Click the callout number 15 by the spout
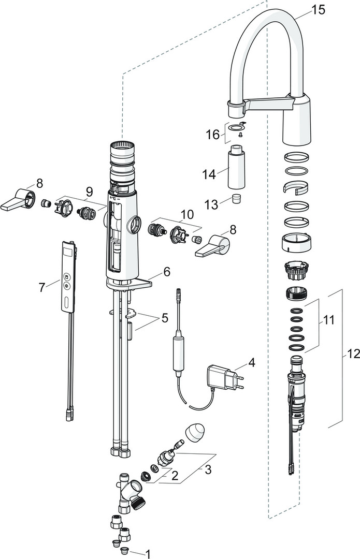[x=318, y=10]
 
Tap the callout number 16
[x=213, y=135]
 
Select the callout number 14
[x=209, y=174]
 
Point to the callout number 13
[x=211, y=204]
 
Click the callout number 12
[x=353, y=354]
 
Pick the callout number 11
[x=328, y=320]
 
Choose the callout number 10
[x=187, y=215]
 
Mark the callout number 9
[x=89, y=192]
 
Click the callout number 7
[x=42, y=287]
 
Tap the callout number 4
[x=252, y=362]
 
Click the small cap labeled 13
[x=236, y=198]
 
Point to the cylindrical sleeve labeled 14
[x=236, y=167]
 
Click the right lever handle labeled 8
[x=212, y=246]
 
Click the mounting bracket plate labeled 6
[x=129, y=284]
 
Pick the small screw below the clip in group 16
[x=240, y=135]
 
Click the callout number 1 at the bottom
[x=148, y=554]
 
